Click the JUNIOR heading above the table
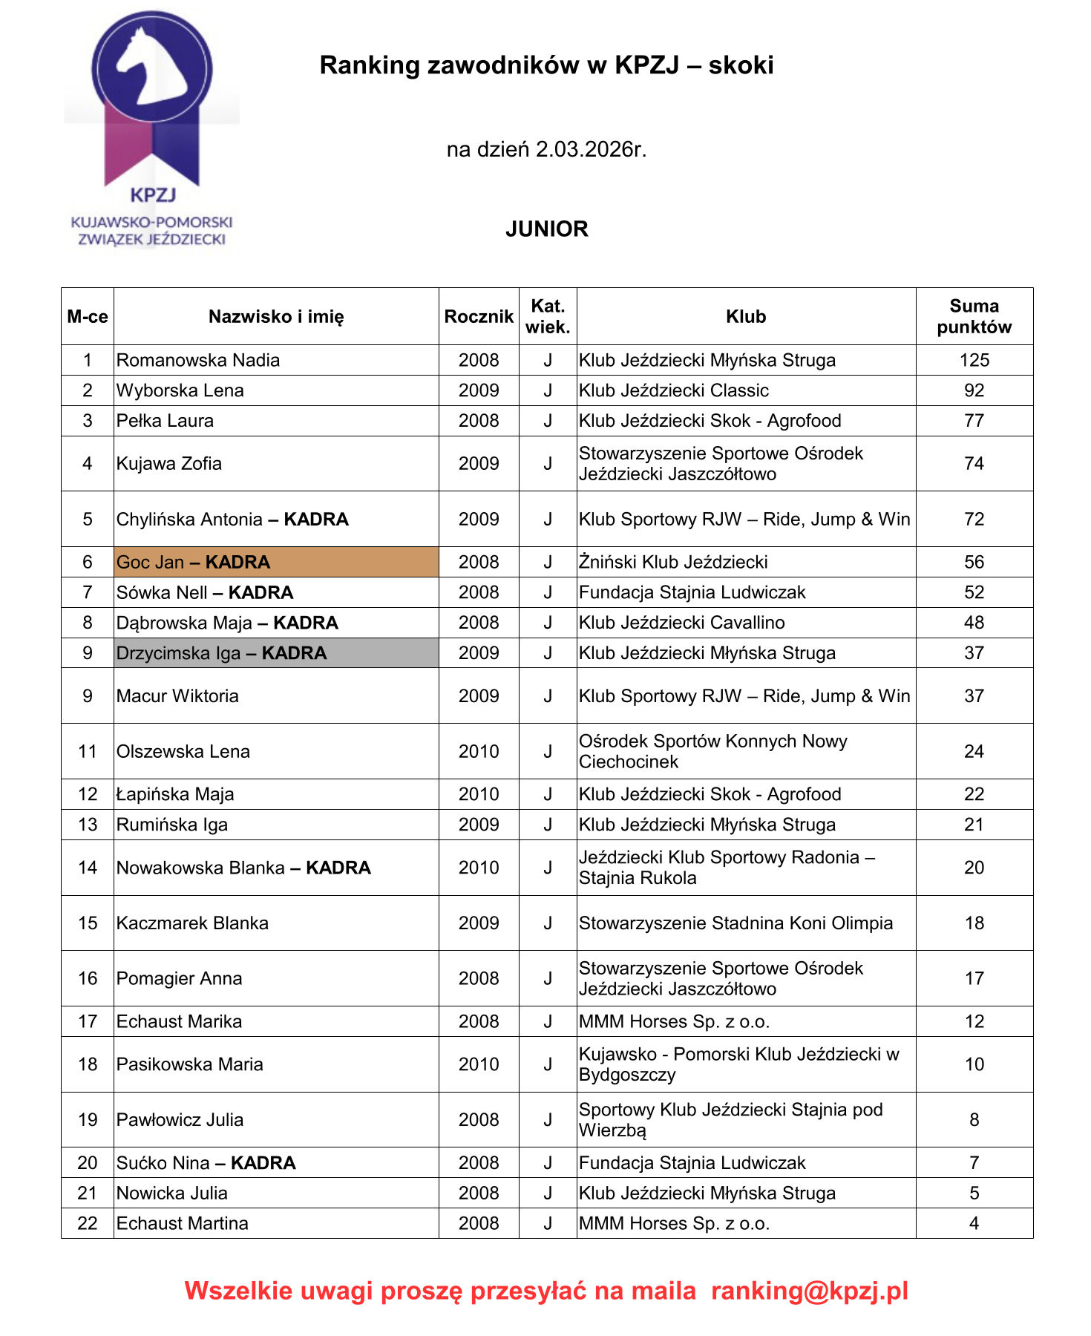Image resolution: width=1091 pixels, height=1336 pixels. pyautogui.click(x=546, y=229)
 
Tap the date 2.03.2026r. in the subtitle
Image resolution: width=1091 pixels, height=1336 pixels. pyautogui.click(x=591, y=150)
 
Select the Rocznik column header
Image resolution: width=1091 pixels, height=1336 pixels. pyautogui.click(x=479, y=317)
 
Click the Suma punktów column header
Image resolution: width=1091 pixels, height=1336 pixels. pyautogui.click(x=974, y=317)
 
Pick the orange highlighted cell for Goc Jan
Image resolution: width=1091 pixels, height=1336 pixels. pyautogui.click(x=276, y=563)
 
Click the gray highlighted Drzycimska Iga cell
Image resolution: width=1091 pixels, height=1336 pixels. pyautogui.click(x=276, y=653)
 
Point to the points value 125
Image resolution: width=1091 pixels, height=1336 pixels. pyautogui.click(x=974, y=361)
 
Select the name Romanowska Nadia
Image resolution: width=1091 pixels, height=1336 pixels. pyautogui.click(x=198, y=361)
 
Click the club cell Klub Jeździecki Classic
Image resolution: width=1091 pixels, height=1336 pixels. pyautogui.click(x=674, y=391)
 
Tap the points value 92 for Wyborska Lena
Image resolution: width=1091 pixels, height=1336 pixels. pyautogui.click(x=974, y=391)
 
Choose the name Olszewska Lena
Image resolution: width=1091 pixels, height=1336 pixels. pyautogui.click(x=183, y=752)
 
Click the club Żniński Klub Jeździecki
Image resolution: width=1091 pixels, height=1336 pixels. pyautogui.click(x=673, y=563)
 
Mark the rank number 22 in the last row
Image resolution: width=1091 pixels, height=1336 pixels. pyautogui.click(x=88, y=1224)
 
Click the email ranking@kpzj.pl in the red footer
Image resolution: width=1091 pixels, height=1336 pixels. pyautogui.click(x=810, y=1291)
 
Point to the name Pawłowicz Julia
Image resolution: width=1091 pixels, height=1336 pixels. pyautogui.click(x=180, y=1120)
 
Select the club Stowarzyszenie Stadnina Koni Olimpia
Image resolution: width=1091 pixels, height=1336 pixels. pyautogui.click(x=735, y=923)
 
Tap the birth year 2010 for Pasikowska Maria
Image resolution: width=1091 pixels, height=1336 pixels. pyautogui.click(x=479, y=1064)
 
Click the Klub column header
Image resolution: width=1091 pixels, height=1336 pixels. pyautogui.click(x=746, y=317)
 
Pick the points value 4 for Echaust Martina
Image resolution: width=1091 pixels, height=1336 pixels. pyautogui.click(x=974, y=1224)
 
